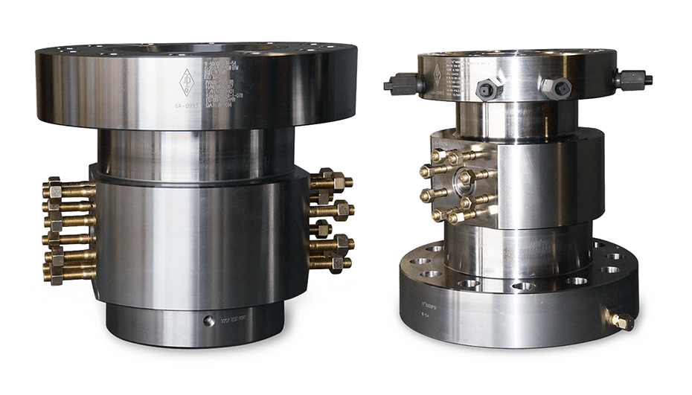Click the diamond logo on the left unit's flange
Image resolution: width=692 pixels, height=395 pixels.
185,80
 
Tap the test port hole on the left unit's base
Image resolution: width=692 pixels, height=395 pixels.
206,322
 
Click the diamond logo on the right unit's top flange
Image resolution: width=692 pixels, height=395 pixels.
438,72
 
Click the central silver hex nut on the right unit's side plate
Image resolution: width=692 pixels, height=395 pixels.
466,178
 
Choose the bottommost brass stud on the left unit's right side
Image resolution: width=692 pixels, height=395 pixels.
330,263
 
